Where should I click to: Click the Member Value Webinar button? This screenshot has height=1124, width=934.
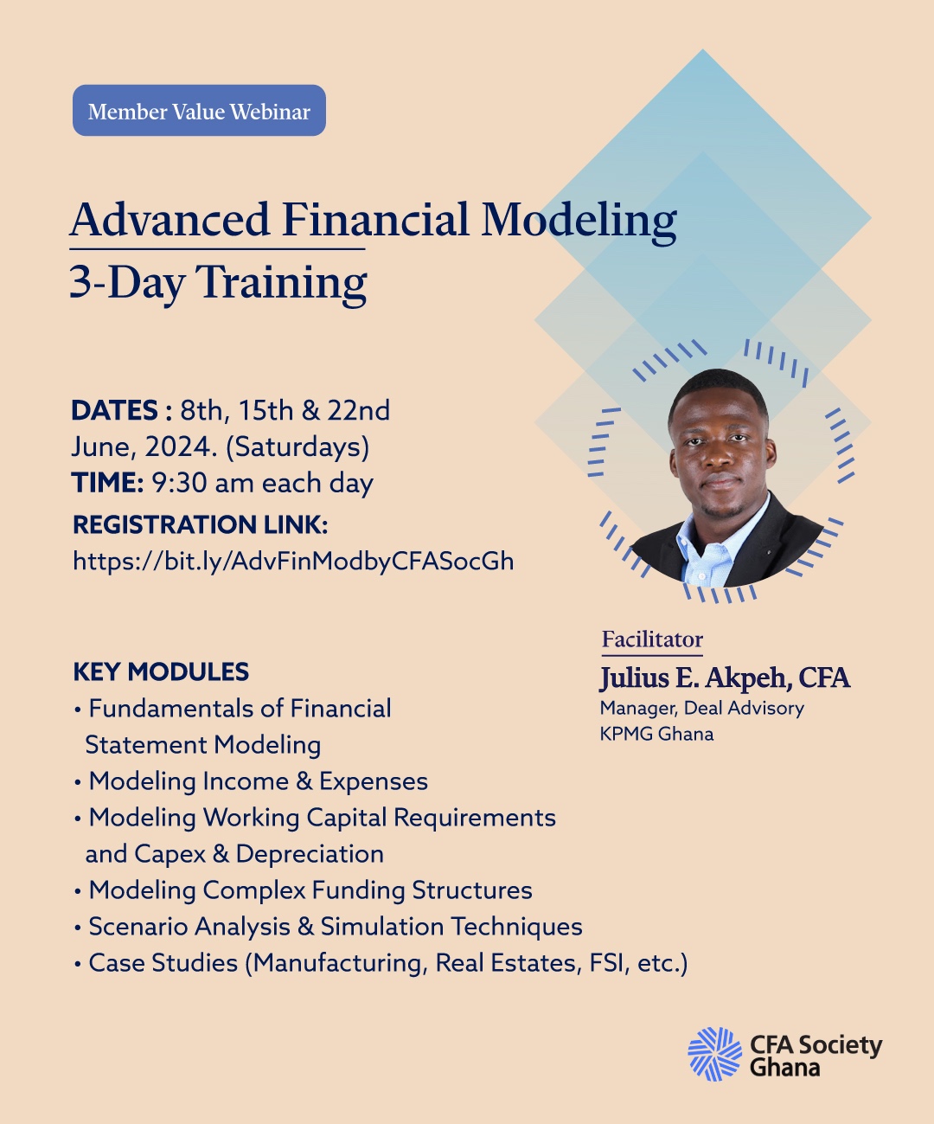coord(199,111)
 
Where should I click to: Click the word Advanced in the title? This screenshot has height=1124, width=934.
coord(170,220)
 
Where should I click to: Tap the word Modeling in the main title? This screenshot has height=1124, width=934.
coord(579,220)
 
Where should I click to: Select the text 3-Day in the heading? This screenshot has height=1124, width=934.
coord(127,283)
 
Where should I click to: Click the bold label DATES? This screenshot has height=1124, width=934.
coord(114,410)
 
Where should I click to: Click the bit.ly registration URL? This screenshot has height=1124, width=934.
coord(293,561)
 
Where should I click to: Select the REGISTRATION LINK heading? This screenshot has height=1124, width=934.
coord(200,524)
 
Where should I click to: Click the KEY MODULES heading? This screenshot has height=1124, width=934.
coord(161,671)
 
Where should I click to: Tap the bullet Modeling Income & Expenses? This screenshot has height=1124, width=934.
coord(259,781)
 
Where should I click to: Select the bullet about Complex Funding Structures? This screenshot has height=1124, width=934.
coord(310,890)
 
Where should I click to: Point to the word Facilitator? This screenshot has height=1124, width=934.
coord(652,639)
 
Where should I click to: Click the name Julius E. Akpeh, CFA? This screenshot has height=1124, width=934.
coord(725,678)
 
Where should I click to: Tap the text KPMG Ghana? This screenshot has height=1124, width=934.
coord(656,734)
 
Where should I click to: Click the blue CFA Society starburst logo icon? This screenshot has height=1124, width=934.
coord(714,1054)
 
